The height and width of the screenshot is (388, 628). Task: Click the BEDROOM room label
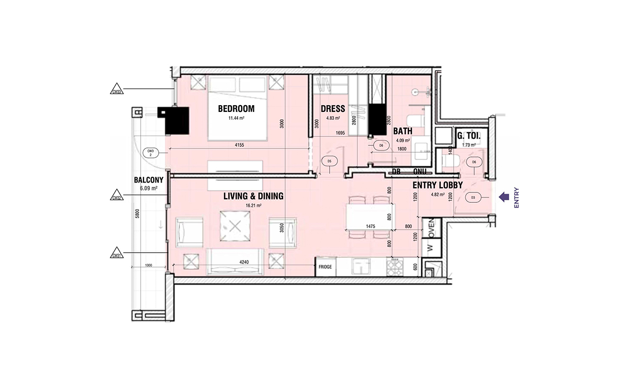[235, 109]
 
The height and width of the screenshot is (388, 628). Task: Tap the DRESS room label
[333, 109]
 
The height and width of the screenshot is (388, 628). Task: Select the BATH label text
[403, 131]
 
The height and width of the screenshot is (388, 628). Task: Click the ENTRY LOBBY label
[437, 185]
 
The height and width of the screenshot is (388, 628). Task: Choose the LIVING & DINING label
[253, 197]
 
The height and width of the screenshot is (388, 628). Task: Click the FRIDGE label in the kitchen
[326, 267]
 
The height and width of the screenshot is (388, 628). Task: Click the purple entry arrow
[504, 197]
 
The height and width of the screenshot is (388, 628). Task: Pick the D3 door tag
[473, 198]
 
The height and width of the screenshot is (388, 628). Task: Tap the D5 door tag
[330, 162]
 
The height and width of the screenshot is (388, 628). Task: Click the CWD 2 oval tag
[150, 153]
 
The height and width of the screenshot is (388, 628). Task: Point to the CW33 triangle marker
[117, 90]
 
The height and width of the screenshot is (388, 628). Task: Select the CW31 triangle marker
[117, 255]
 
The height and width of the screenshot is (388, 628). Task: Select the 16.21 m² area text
[253, 206]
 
